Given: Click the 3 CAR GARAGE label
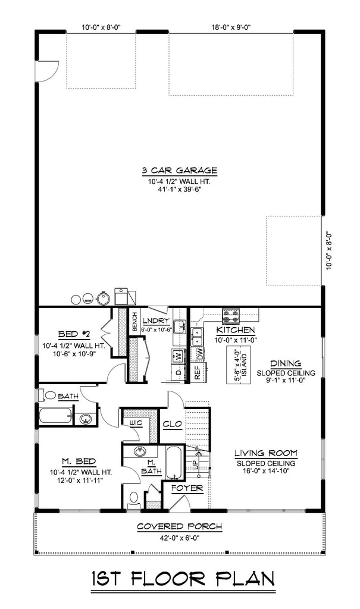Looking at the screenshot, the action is pyautogui.click(x=179, y=171).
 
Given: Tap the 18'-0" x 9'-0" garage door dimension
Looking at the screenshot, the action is pyautogui.click(x=230, y=27).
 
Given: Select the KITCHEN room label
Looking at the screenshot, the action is pyautogui.click(x=236, y=331).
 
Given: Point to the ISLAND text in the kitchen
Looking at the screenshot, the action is pyautogui.click(x=244, y=364).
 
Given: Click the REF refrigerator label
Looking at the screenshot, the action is pyautogui.click(x=197, y=372).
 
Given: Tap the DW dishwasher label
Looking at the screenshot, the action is pyautogui.click(x=200, y=353).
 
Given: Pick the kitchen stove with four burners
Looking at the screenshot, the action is pyautogui.click(x=231, y=316).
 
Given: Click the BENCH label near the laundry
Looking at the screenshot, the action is pyautogui.click(x=134, y=322).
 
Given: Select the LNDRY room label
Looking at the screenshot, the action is pyautogui.click(x=156, y=321).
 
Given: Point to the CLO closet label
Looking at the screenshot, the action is pyautogui.click(x=172, y=424).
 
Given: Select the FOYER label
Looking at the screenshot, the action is pyautogui.click(x=187, y=488).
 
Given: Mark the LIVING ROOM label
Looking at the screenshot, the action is pyautogui.click(x=266, y=453).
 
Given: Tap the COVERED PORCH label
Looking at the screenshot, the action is pyautogui.click(x=180, y=527).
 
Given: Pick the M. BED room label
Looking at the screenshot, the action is pyautogui.click(x=79, y=462).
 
